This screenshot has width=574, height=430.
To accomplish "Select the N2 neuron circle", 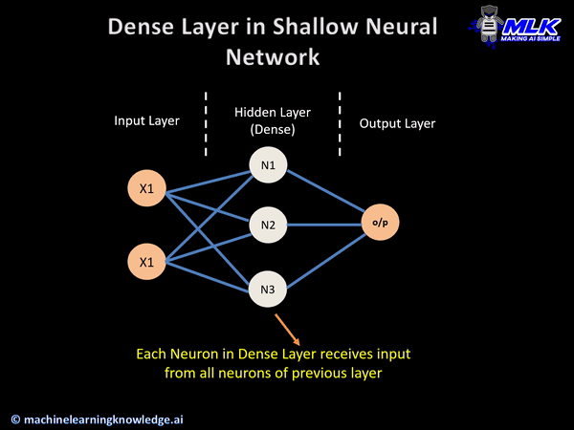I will point(266,226).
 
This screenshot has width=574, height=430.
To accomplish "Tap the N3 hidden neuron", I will point(266,288).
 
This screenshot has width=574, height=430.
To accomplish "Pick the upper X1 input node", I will point(146,189).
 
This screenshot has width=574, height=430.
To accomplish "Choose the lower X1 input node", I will point(146,260).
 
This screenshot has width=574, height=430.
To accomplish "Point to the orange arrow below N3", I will point(286,327).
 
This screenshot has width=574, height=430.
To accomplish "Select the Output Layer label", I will point(397,123).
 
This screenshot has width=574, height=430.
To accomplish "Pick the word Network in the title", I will point(273,57).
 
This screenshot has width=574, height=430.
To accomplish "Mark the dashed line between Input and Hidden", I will point(206,124).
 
